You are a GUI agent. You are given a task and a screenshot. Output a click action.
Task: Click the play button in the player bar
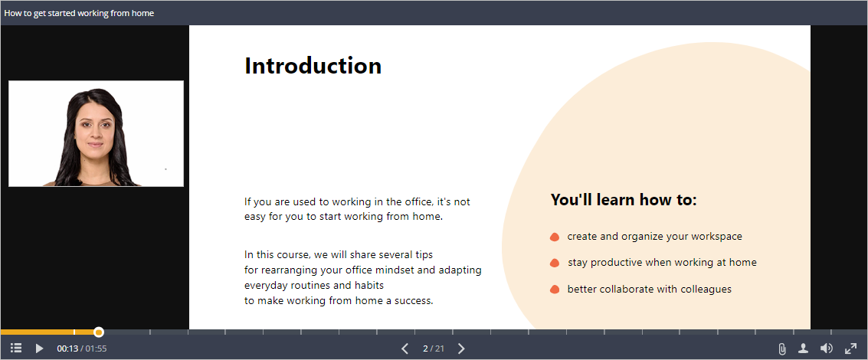pyautogui.click(x=39, y=349)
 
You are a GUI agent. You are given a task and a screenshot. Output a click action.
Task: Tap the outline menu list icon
pyautogui.click(x=16, y=349)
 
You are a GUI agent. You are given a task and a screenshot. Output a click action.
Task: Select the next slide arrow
pyautogui.click(x=461, y=349)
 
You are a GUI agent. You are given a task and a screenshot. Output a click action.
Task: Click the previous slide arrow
pyautogui.click(x=405, y=349)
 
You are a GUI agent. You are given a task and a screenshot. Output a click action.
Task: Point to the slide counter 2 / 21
pyautogui.click(x=434, y=349)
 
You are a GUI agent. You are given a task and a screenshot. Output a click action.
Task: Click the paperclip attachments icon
pyautogui.click(x=781, y=349)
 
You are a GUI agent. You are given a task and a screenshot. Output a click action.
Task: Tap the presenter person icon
pyautogui.click(x=803, y=349)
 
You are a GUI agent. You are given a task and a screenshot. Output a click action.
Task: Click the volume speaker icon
pyautogui.click(x=827, y=349)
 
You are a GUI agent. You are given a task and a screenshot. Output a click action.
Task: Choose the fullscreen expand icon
pyautogui.click(x=850, y=349)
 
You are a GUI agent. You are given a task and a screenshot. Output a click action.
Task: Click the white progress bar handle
pyautogui.click(x=99, y=332)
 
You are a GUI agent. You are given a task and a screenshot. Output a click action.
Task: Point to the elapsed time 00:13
pyautogui.click(x=67, y=349)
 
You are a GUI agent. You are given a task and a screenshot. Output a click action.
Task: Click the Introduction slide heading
pyautogui.click(x=313, y=65)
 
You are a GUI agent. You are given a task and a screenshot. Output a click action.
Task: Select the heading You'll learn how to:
pyautogui.click(x=624, y=200)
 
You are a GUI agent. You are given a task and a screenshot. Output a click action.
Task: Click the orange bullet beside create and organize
pyautogui.click(x=555, y=237)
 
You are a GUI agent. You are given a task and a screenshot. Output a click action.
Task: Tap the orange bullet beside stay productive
pyautogui.click(x=555, y=263)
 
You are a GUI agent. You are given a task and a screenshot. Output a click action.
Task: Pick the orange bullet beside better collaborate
pyautogui.click(x=555, y=289)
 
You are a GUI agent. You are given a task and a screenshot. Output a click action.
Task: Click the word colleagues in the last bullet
pyautogui.click(x=706, y=289)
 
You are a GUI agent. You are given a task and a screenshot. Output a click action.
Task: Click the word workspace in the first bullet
pyautogui.click(x=715, y=237)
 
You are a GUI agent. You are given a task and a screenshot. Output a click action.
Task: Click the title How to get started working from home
pyautogui.click(x=79, y=13)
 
